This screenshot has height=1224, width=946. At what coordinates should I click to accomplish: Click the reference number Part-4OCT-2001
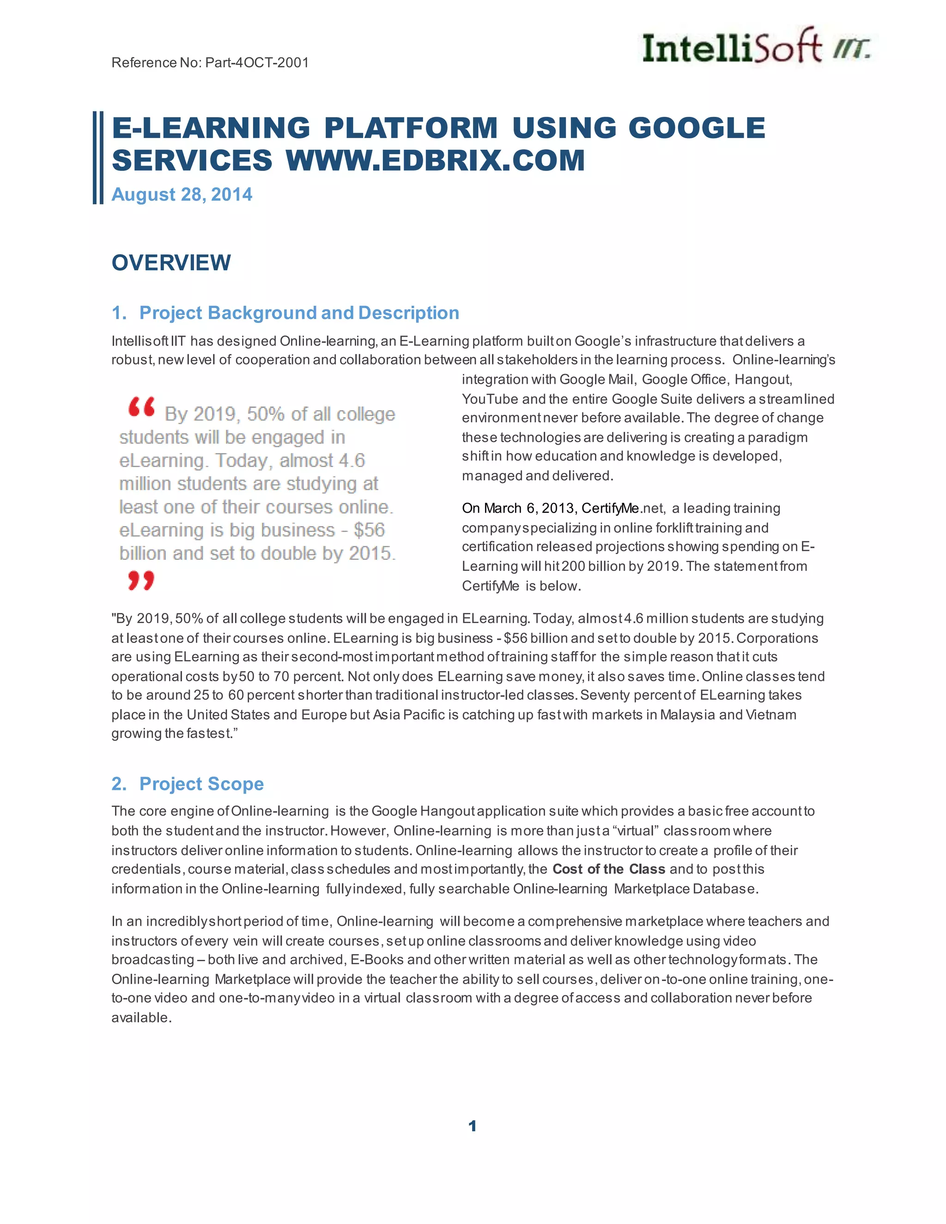pos(257,62)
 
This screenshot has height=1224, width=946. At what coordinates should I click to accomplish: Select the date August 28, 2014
pos(182,194)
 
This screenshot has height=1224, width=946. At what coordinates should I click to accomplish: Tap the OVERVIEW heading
pos(171,263)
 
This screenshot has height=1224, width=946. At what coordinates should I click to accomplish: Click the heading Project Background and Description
pos(299,313)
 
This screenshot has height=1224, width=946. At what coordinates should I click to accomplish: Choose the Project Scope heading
pos(201,783)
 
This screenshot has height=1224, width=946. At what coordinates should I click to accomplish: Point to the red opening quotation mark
pos(141,407)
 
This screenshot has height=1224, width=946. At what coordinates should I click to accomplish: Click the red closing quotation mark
pos(141,580)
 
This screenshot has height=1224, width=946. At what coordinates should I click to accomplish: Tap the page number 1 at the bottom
pos(473,1126)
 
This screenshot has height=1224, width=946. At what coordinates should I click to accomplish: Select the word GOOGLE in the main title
pos(697,128)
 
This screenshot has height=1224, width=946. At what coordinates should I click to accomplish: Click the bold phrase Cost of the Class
pos(609,869)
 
